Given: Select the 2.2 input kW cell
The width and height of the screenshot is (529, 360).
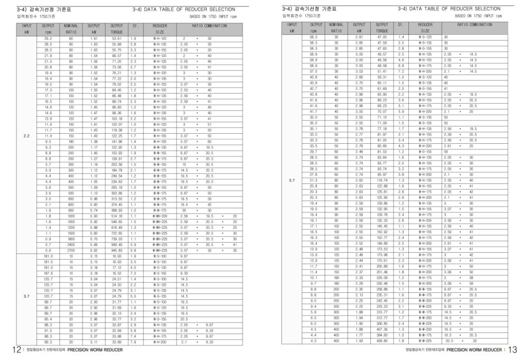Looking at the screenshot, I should pos(27,136).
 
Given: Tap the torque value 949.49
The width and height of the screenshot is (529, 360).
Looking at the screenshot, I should pos(117,245).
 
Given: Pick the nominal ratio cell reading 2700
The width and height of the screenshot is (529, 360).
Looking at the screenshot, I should pos(70,250).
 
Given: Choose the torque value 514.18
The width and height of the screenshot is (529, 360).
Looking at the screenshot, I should pos(117,216).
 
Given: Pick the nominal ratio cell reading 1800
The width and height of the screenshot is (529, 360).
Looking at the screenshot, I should pos(70,239).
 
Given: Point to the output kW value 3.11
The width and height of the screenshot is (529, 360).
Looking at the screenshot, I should pos(94,342).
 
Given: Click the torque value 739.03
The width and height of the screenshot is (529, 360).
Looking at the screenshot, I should pos(117,239).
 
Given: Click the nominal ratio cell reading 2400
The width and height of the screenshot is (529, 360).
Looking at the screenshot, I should pos(70,245).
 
